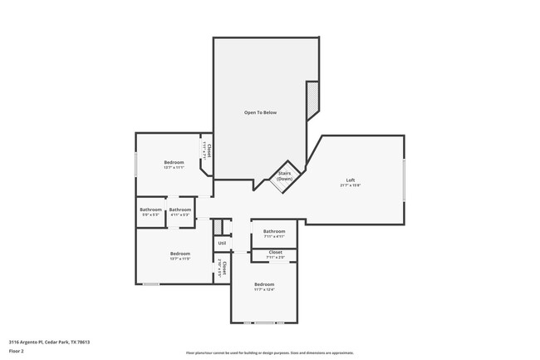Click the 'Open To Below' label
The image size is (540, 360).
coord(260,112)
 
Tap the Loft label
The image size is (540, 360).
coord(351,180)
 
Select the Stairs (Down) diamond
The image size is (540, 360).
coord(285,177)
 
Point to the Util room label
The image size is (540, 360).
coord(222,243)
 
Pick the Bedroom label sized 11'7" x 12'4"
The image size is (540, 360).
coord(264,284)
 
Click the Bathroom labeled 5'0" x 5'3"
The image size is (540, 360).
coord(150,210)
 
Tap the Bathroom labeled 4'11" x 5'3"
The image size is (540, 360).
coord(180,210)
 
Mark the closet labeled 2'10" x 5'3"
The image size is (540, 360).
coord(221,268)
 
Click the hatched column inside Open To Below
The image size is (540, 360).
coord(312,101)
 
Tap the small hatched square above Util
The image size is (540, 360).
coord(218,226)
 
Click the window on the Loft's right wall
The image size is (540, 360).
coord(405,180)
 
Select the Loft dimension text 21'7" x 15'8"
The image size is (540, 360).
coord(351,185)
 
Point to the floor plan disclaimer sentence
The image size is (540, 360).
coord(269,353)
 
